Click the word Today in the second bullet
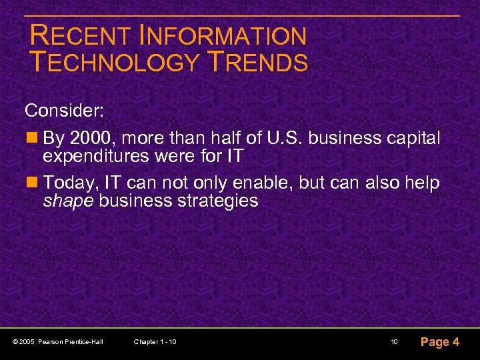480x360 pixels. pyautogui.click(x=70, y=183)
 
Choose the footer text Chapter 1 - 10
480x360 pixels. pyautogui.click(x=155, y=342)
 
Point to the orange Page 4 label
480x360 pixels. pyautogui.click(x=439, y=342)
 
